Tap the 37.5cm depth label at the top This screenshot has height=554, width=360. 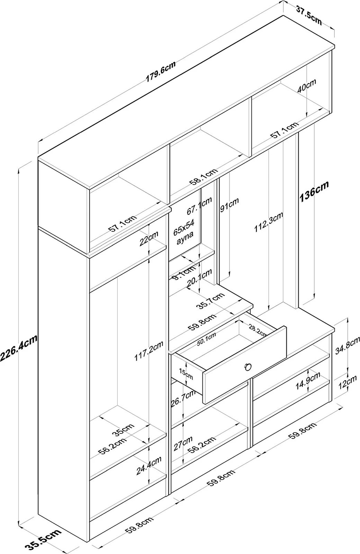point(309,16)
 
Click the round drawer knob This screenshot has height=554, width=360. point(248,367)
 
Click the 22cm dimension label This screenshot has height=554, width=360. point(149,238)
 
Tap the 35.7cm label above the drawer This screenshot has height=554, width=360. point(210,301)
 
